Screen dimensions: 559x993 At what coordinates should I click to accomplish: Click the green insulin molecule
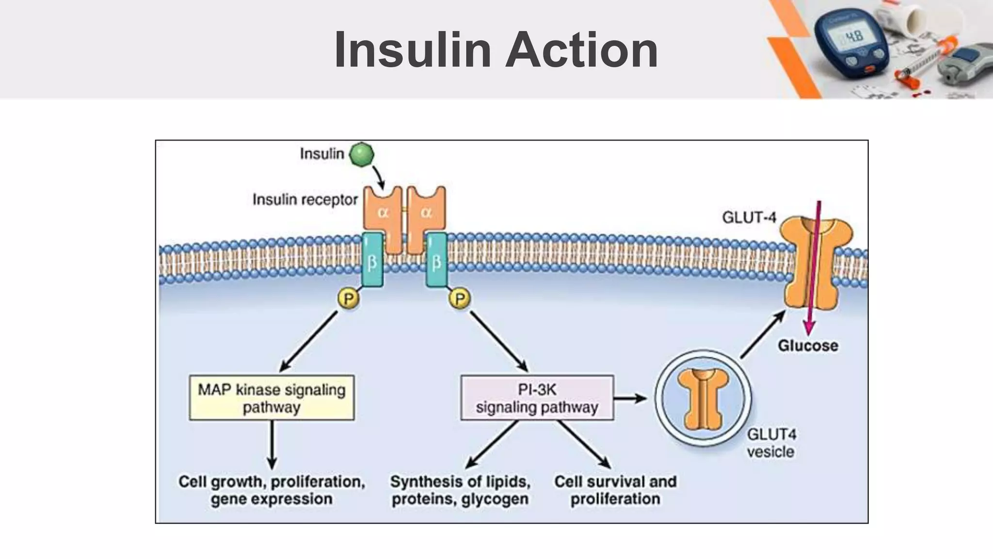pyautogui.click(x=362, y=154)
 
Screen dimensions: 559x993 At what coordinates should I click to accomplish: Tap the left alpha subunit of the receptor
pyautogui.click(x=383, y=214)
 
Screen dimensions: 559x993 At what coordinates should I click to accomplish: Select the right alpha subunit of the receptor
pyautogui.click(x=426, y=214)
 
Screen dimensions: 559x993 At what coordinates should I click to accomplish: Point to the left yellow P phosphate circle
pyautogui.click(x=348, y=298)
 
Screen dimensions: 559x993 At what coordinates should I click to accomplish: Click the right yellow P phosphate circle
pyautogui.click(x=460, y=298)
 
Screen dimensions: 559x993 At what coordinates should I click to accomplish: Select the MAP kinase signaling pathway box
pyautogui.click(x=272, y=397)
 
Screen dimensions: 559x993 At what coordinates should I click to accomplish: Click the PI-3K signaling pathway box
pyautogui.click(x=537, y=397)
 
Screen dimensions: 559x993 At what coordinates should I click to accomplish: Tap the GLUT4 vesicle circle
pyautogui.click(x=703, y=398)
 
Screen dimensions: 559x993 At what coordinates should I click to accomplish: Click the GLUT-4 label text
pyautogui.click(x=749, y=217)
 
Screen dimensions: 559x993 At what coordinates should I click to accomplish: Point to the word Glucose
pyautogui.click(x=808, y=345)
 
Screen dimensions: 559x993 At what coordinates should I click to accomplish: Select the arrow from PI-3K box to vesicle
pyautogui.click(x=630, y=398)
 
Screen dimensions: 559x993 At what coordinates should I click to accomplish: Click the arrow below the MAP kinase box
pyautogui.click(x=272, y=444)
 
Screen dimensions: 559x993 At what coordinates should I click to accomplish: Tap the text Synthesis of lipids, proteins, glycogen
pyautogui.click(x=460, y=490)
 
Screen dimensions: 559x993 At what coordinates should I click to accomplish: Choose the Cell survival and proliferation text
pyautogui.click(x=615, y=490)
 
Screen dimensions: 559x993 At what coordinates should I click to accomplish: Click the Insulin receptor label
pyautogui.click(x=305, y=199)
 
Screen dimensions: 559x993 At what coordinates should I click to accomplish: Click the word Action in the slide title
pyautogui.click(x=582, y=49)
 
